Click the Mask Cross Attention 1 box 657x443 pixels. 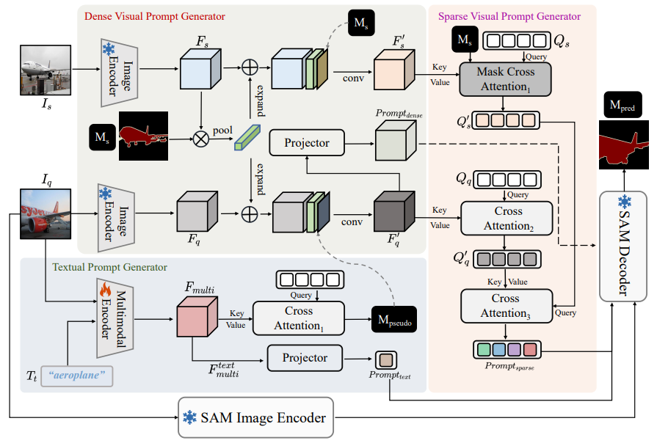click(506, 79)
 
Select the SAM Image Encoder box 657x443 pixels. click(255, 418)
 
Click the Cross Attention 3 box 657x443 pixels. click(505, 306)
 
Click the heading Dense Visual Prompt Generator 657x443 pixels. click(155, 15)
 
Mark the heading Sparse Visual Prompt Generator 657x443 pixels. click(509, 16)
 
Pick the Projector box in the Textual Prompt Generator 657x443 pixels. click(305, 358)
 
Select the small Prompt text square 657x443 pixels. click(386, 360)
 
